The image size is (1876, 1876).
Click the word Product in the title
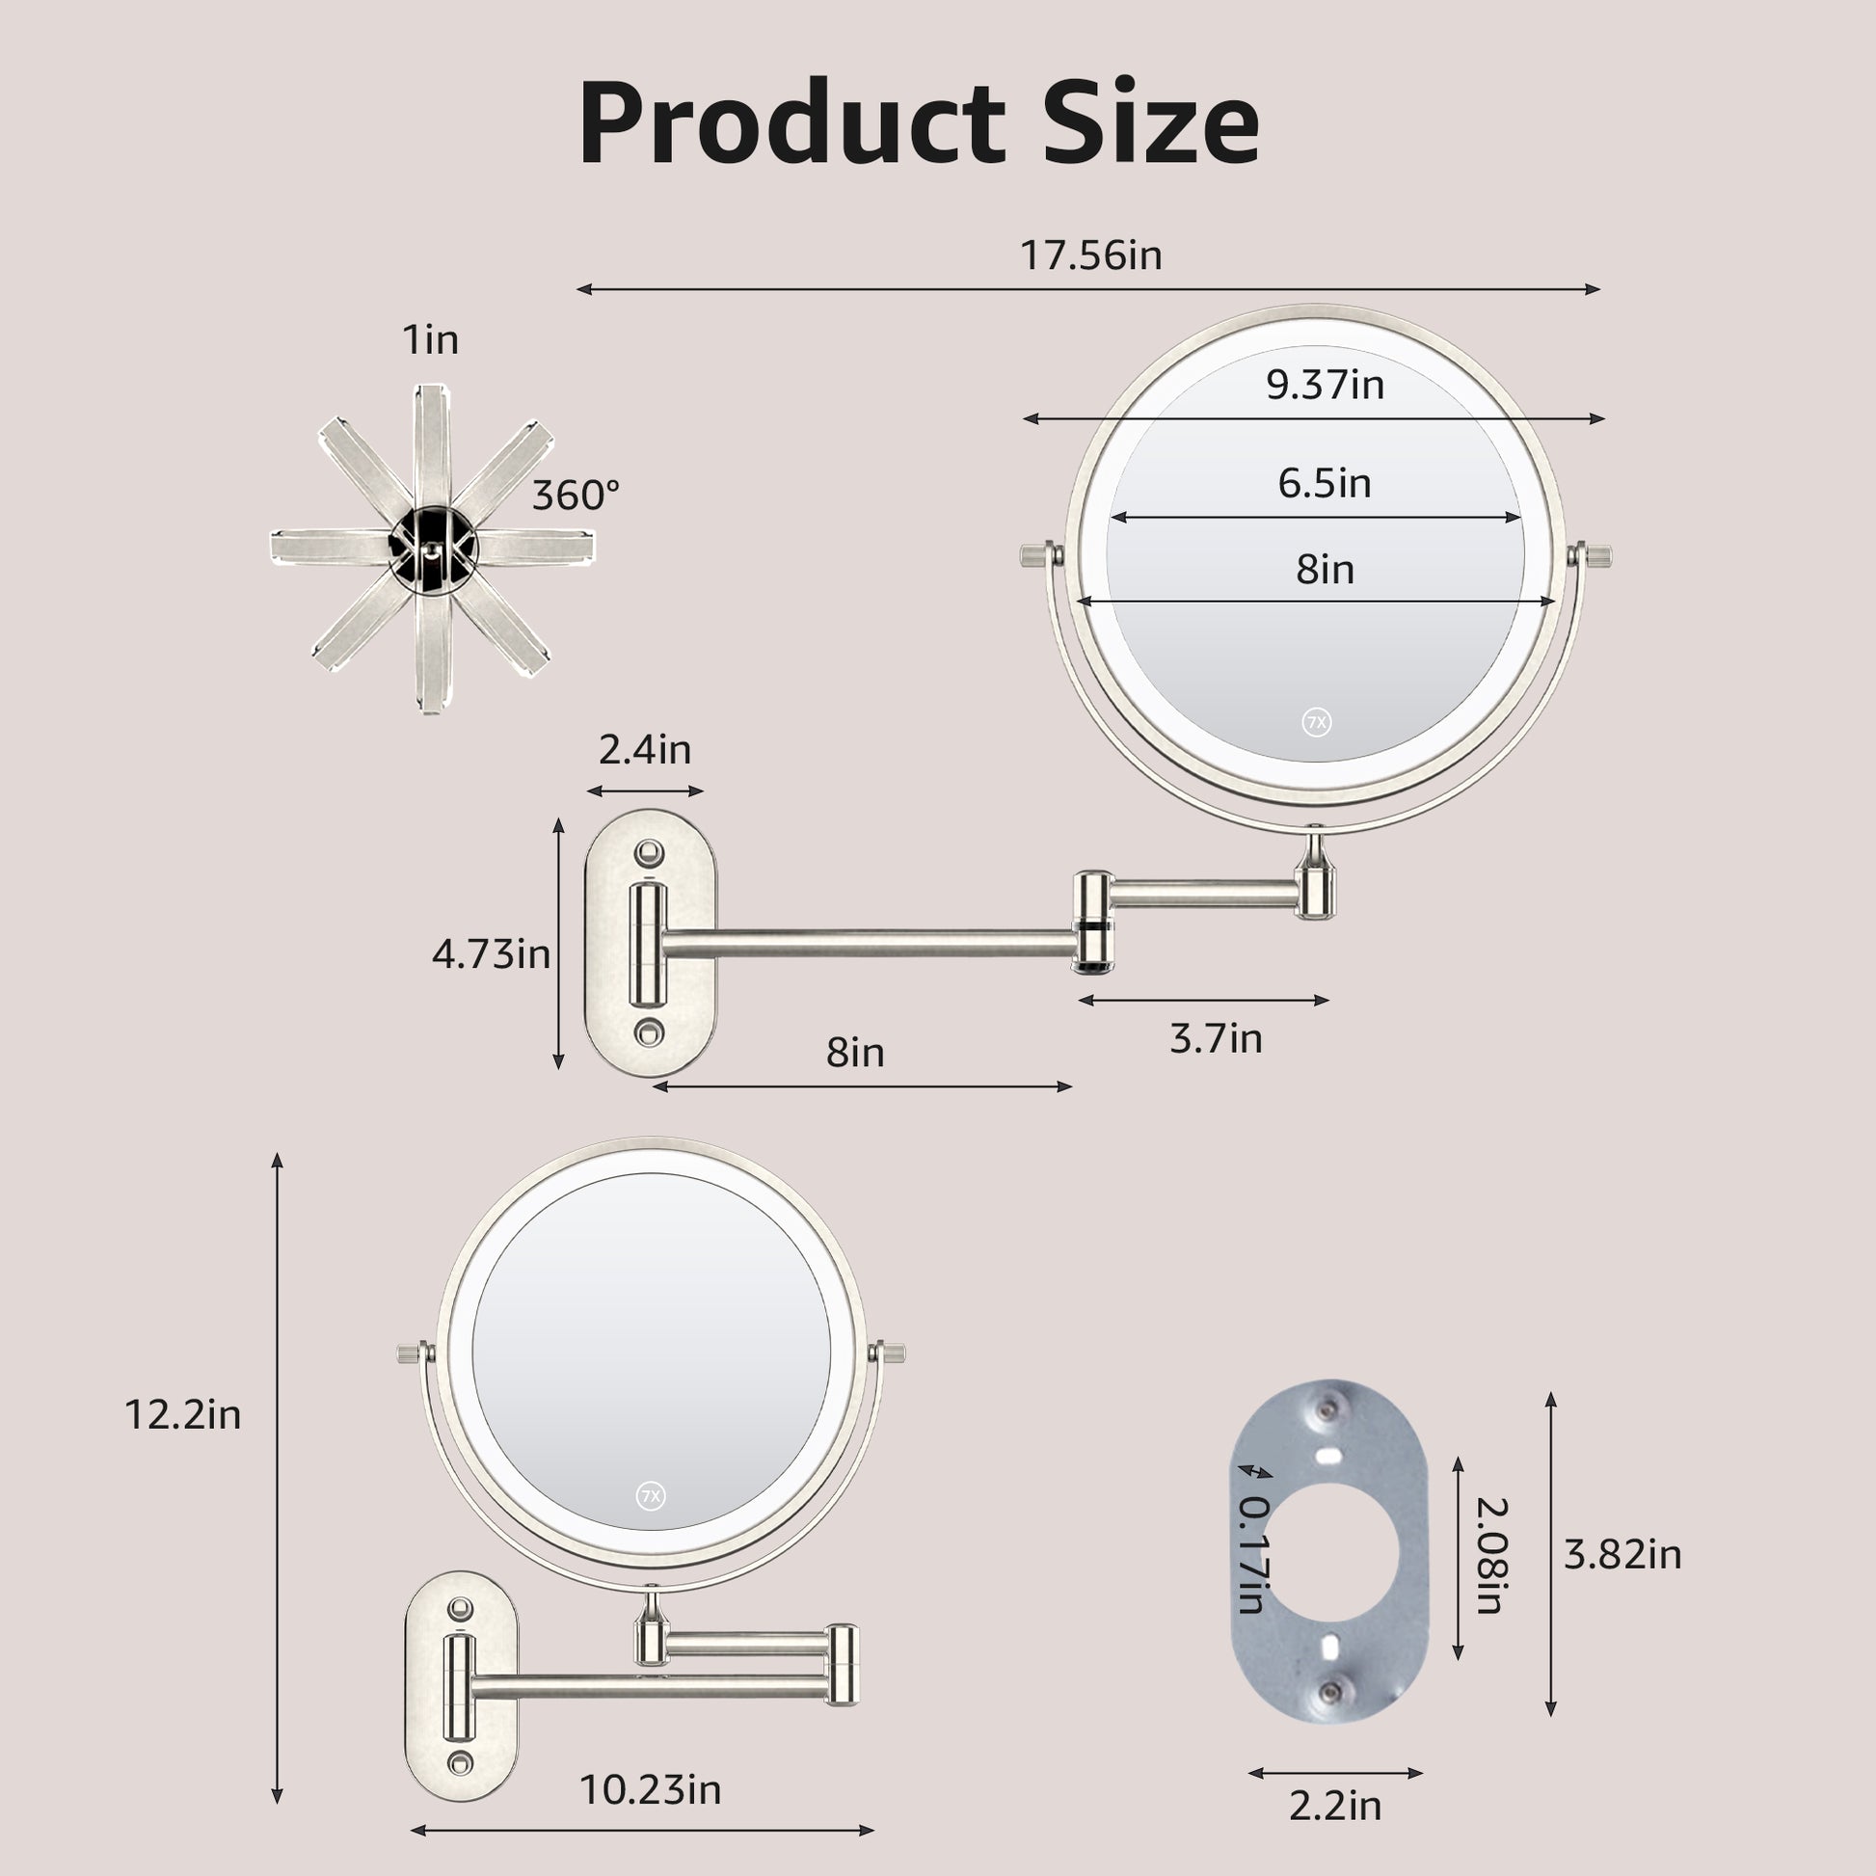click(791, 124)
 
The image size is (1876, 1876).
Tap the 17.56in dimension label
click(1090, 255)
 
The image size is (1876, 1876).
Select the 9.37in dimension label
click(1325, 386)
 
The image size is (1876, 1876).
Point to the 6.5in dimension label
click(1325, 483)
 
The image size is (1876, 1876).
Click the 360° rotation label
click(575, 496)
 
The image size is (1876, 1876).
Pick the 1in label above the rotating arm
click(430, 340)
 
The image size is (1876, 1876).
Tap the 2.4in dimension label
click(645, 750)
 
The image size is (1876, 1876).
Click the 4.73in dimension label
click(492, 954)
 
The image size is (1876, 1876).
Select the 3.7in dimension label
click(1216, 1038)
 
